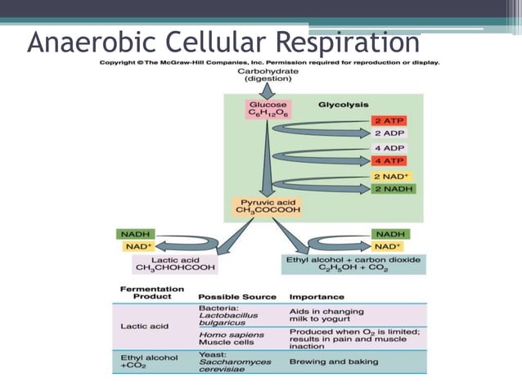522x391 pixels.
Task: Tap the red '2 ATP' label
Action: pos(389,119)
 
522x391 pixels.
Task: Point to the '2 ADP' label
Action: pos(389,133)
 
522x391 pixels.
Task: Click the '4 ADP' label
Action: pos(389,148)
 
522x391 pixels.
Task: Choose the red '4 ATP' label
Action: pos(389,160)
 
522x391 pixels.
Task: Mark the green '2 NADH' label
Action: pos(393,190)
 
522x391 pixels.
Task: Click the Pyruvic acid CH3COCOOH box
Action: pos(268,205)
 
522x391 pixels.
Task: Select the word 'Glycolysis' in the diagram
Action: pos(343,105)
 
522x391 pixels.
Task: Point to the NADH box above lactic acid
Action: pos(135,234)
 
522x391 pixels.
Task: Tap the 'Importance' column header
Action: pos(317,296)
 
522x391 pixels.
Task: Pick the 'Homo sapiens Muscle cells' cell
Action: pos(231,339)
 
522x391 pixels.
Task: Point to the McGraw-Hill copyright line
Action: pos(268,63)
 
